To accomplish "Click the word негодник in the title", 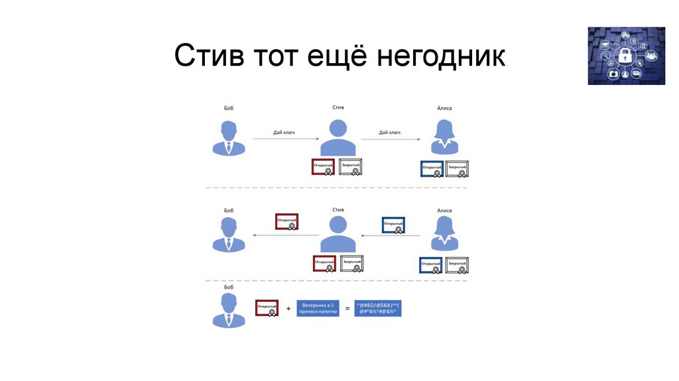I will pos(441,57).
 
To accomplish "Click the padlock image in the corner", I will pos(626,56).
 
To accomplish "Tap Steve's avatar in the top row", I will pos(338,137).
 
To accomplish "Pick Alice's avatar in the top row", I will pos(444,137).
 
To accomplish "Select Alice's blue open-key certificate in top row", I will pos(432,169).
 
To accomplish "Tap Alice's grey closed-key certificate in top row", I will pos(457,169).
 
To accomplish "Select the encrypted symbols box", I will pos(378,308).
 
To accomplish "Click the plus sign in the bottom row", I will pos(288,309).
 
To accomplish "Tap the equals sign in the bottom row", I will pos(347,309).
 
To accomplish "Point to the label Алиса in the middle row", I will pos(444,210).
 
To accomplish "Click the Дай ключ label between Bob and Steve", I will pos(284,132).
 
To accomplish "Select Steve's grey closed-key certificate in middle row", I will pos(351,264).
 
